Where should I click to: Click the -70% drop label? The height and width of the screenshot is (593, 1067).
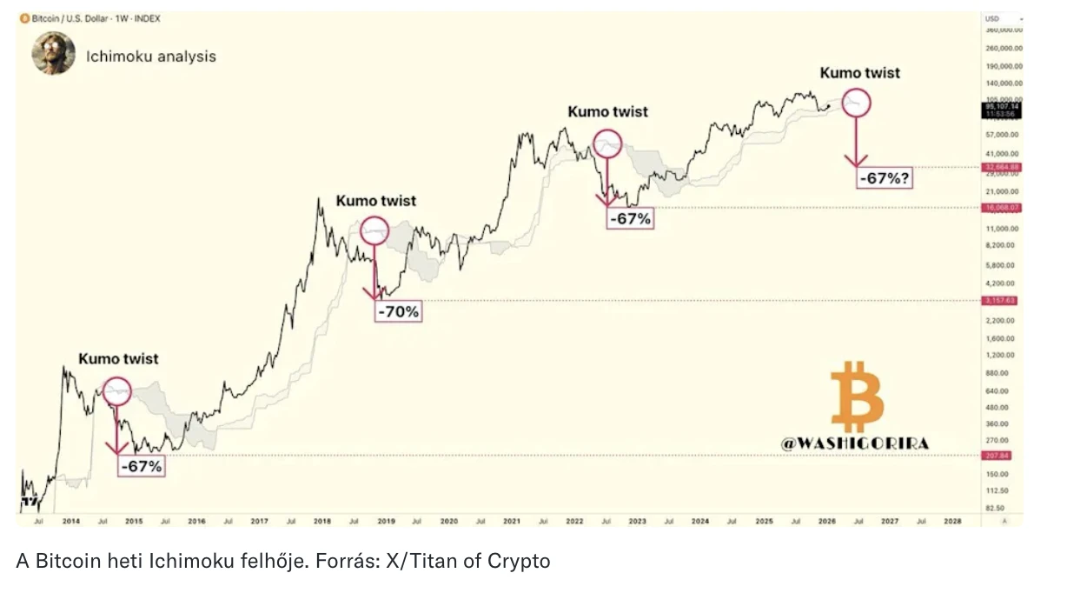point(398,310)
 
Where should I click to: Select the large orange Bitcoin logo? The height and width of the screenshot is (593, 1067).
point(857,396)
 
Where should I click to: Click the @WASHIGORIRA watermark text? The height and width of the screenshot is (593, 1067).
point(854,443)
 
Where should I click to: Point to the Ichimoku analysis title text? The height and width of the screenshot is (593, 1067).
point(151,57)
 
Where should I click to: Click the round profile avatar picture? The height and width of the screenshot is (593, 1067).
point(53,53)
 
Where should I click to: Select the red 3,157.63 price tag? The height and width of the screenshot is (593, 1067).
point(1000,301)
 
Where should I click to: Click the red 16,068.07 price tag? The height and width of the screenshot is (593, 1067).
point(1000,207)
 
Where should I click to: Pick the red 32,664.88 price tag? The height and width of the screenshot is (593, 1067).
point(1000,167)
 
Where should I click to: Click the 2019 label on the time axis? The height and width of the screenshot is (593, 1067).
point(386,521)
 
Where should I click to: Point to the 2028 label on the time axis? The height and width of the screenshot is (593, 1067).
point(952,521)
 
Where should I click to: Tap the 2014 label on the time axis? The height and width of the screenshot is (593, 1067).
point(71,521)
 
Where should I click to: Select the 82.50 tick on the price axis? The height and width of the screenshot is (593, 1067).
point(996,508)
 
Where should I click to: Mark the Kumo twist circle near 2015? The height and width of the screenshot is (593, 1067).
point(117,391)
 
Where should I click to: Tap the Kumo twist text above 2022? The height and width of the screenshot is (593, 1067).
point(607,111)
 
